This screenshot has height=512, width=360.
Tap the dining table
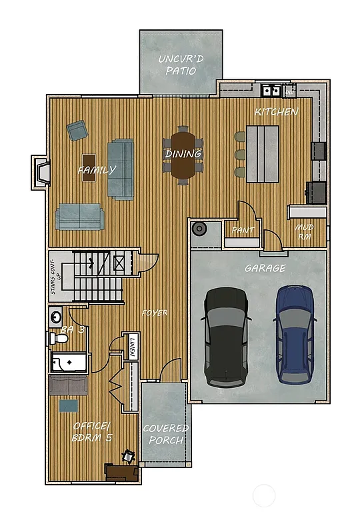tap(183, 155)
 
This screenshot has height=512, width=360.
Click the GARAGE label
tap(265, 268)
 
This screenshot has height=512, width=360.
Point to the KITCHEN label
tap(277, 112)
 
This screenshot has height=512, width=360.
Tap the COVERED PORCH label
tap(165, 434)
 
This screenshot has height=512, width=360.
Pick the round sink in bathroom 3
tap(55, 316)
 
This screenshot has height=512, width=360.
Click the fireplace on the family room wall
tap(41, 172)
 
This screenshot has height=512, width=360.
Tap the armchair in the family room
tap(76, 130)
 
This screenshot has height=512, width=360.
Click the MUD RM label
tap(304, 231)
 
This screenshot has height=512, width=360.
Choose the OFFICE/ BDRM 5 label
tap(92, 432)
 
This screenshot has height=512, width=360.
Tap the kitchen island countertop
tap(263, 153)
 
